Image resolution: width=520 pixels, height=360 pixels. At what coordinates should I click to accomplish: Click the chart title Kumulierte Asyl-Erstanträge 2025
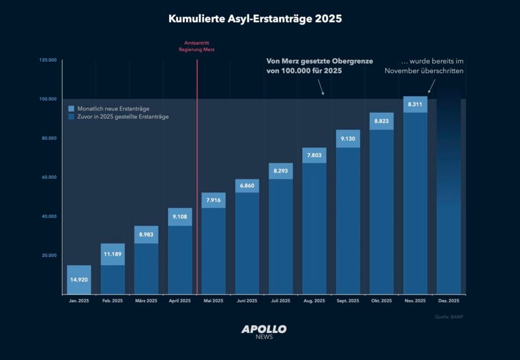tap(255, 19)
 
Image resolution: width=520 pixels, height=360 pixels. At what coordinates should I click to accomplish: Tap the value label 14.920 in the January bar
tap(79, 279)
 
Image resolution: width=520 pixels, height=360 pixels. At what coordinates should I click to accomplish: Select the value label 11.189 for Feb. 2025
tap(112, 254)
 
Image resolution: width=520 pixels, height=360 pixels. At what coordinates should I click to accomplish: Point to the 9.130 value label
tap(348, 139)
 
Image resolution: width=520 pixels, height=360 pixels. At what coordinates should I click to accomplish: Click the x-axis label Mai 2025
tap(213, 301)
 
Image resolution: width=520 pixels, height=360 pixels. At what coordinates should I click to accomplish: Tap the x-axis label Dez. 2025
tap(448, 301)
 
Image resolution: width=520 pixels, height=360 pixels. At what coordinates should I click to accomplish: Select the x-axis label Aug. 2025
tap(314, 301)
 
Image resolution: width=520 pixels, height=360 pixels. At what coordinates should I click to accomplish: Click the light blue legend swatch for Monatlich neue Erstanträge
tap(71, 109)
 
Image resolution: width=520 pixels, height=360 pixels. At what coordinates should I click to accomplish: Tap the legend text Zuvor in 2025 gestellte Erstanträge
tap(122, 117)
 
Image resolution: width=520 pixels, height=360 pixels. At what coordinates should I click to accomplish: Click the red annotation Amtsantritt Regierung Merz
tap(197, 47)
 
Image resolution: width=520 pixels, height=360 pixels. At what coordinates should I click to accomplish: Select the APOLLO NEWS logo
tap(264, 332)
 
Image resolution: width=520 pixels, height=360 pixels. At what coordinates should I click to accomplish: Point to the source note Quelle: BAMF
tap(449, 317)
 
